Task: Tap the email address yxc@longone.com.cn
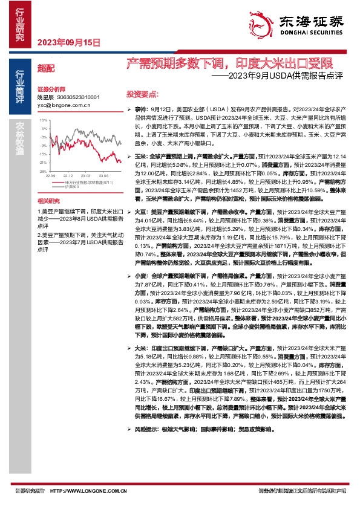(x=64, y=104)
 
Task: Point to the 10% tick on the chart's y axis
(x=44, y=120)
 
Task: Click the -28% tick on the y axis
(x=43, y=171)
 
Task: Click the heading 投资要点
(x=142, y=94)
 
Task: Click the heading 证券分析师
(x=51, y=88)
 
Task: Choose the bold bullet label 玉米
(x=140, y=139)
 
